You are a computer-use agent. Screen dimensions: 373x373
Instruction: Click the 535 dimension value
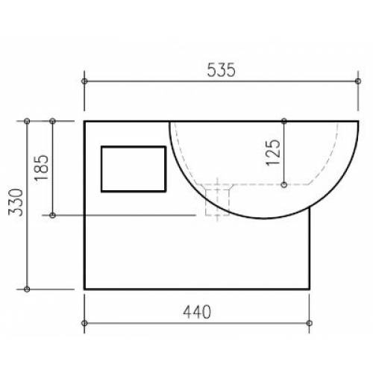coord(221,70)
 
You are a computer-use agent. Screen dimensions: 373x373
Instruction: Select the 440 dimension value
coord(197,312)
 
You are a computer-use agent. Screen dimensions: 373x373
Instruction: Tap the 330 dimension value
coord(16,202)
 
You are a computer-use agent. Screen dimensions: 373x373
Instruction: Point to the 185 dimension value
coord(41,168)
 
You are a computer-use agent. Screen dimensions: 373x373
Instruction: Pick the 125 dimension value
coord(273,153)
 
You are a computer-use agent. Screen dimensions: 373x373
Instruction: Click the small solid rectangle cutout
coord(134,169)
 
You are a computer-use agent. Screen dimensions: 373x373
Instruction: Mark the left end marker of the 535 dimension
coord(84,81)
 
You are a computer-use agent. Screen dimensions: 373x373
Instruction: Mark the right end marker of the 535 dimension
coord(358,81)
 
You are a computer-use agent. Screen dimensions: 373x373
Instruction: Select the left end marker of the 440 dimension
coord(84,323)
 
